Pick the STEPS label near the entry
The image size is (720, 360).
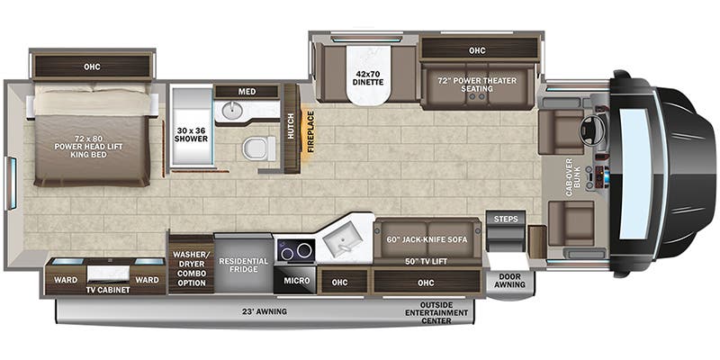click(504, 218)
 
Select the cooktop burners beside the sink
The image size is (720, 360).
click(294, 248)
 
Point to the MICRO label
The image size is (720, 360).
click(296, 281)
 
